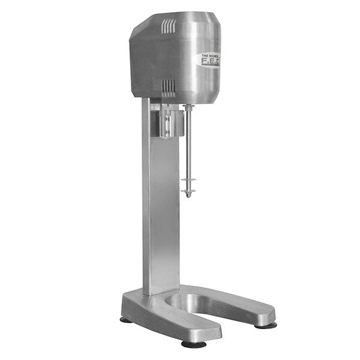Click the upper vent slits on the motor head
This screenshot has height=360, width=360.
(170, 26)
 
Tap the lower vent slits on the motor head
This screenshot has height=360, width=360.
(170, 87)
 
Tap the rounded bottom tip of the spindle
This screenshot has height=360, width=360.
(188, 196)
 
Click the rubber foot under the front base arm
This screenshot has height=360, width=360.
(194, 344)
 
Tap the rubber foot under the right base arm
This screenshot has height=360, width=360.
(263, 325)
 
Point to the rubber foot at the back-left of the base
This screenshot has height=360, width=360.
(125, 320)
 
